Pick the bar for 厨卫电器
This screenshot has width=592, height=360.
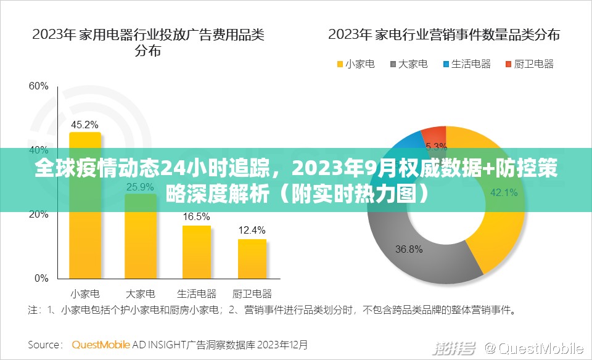click(x=252, y=258)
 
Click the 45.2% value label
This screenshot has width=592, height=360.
click(x=84, y=125)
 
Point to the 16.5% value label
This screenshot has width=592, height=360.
click(x=196, y=217)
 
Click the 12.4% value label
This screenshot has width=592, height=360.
click(x=252, y=231)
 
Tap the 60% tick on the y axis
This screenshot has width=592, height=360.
click(x=38, y=86)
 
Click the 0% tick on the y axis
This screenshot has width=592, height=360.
click(x=41, y=279)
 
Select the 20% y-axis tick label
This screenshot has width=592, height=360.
click(x=38, y=215)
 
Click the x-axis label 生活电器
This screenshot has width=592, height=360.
click(x=196, y=293)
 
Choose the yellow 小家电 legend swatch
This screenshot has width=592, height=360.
click(x=340, y=64)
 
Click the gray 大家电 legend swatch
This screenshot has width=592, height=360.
click(x=393, y=64)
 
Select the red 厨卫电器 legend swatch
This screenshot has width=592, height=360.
click(x=508, y=64)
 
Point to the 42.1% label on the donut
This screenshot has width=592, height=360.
click(x=504, y=192)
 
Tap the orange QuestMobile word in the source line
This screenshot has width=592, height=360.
click(x=101, y=345)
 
